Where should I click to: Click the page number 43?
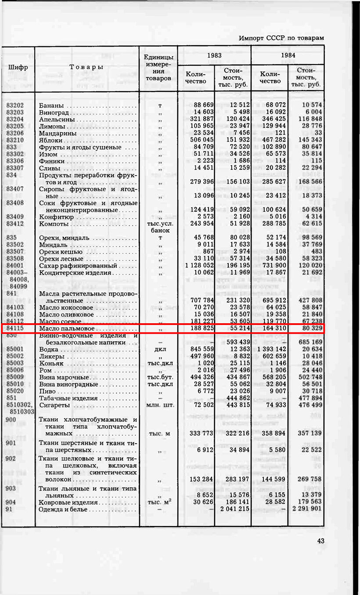(320, 541)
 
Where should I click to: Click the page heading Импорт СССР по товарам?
(281, 38)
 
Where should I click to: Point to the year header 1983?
(214, 55)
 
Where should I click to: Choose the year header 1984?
(288, 55)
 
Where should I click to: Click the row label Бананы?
(51, 105)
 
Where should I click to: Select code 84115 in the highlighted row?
(15, 328)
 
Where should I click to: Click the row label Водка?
(48, 350)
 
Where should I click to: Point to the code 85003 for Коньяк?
(15, 364)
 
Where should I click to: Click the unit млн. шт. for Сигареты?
(158, 405)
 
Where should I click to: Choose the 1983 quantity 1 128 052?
(196, 266)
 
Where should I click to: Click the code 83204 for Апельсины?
(15, 119)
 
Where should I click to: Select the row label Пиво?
(47, 391)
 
